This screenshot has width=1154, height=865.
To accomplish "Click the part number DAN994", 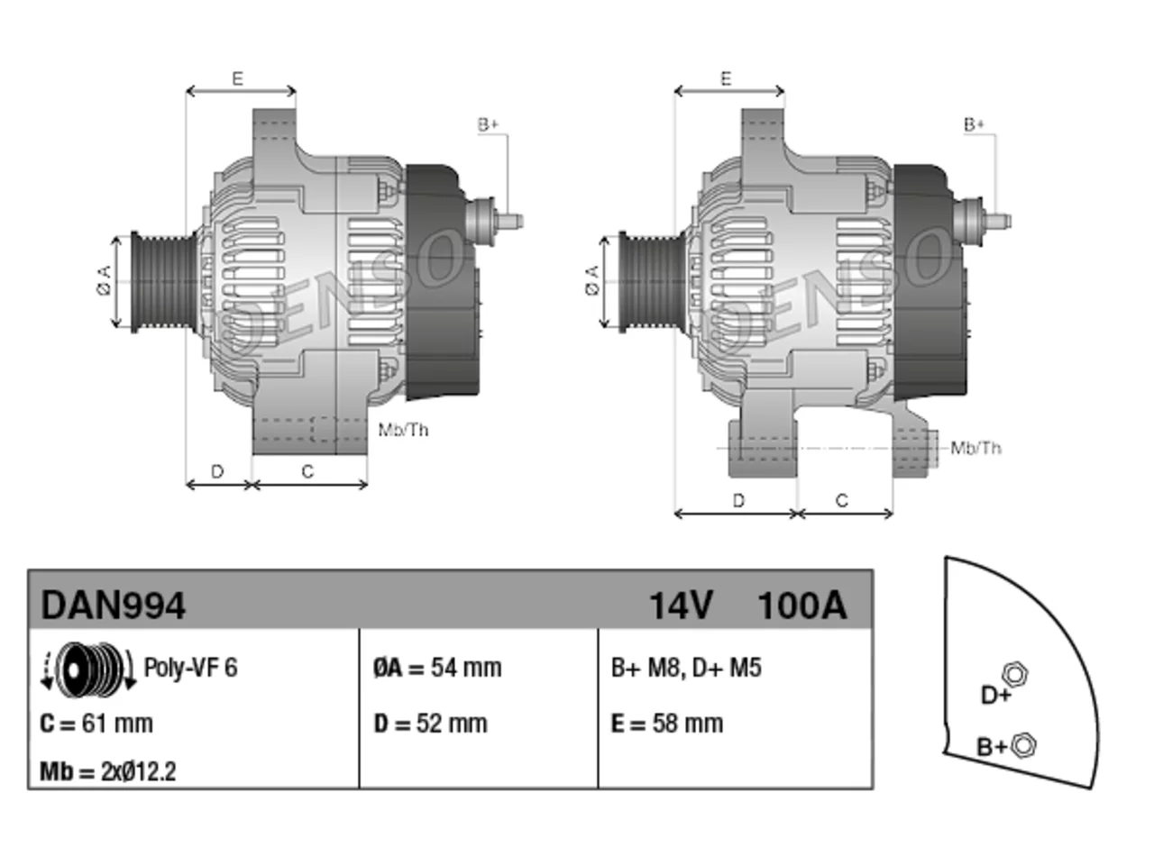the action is pyautogui.click(x=113, y=605).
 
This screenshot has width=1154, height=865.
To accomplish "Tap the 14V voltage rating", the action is pyautogui.click(x=681, y=605).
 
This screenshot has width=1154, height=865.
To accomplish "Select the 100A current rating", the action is pyautogui.click(x=802, y=605).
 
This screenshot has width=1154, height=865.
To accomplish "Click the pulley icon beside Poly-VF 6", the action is pyautogui.click(x=88, y=669).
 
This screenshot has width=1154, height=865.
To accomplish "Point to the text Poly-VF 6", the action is pyautogui.click(x=190, y=668).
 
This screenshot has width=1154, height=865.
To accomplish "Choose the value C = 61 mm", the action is pyautogui.click(x=96, y=724).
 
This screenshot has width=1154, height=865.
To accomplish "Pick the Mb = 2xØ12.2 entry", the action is pyautogui.click(x=108, y=771).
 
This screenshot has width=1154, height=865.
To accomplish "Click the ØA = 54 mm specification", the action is pyautogui.click(x=437, y=668).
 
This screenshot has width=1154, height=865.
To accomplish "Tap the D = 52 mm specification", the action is pyautogui.click(x=431, y=724).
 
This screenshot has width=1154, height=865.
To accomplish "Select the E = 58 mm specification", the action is pyautogui.click(x=667, y=724).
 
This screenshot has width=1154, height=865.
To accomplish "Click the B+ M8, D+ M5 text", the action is pyautogui.click(x=686, y=668).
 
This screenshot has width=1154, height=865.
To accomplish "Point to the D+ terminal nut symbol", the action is pyautogui.click(x=1014, y=674).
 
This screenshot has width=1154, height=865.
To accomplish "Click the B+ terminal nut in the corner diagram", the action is pyautogui.click(x=1022, y=745).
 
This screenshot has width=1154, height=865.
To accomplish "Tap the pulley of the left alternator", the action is pyautogui.click(x=164, y=282).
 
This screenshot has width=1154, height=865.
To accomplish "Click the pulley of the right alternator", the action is pyautogui.click(x=652, y=282).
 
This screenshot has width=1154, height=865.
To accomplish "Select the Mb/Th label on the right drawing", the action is pyautogui.click(x=975, y=448).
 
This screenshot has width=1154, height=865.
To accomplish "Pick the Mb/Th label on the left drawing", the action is pyautogui.click(x=403, y=430).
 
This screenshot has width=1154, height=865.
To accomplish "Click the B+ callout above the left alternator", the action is pyautogui.click(x=488, y=124).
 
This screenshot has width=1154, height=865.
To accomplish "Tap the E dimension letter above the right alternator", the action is pyautogui.click(x=726, y=78).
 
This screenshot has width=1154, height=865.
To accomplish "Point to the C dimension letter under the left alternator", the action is pyautogui.click(x=307, y=471).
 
